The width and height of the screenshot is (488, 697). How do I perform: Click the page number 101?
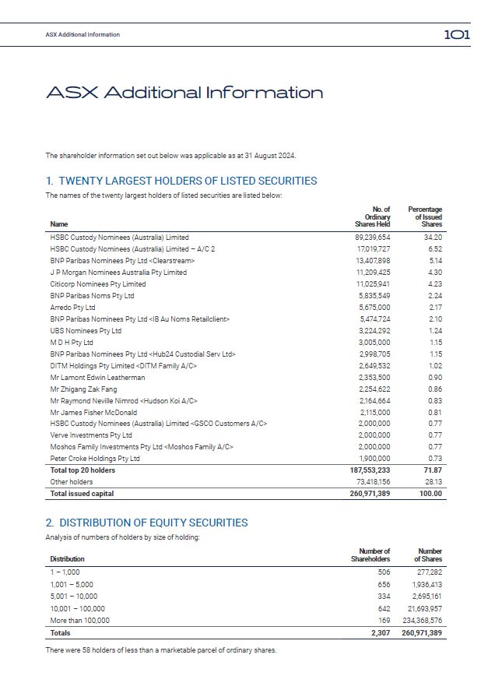pos(456,34)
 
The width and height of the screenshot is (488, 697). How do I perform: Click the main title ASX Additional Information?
pos(184,93)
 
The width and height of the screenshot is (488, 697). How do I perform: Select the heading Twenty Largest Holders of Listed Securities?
pos(181,181)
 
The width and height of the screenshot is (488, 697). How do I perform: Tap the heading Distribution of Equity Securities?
pos(146,523)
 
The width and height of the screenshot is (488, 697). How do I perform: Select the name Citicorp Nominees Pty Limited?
pos(98,284)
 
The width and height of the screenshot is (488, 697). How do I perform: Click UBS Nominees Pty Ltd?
pos(86,331)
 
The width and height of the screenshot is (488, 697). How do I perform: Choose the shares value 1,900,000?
pos(374,459)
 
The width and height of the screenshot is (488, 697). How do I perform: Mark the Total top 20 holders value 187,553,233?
pos(370,470)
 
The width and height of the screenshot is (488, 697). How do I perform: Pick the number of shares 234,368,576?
pos(420,621)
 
